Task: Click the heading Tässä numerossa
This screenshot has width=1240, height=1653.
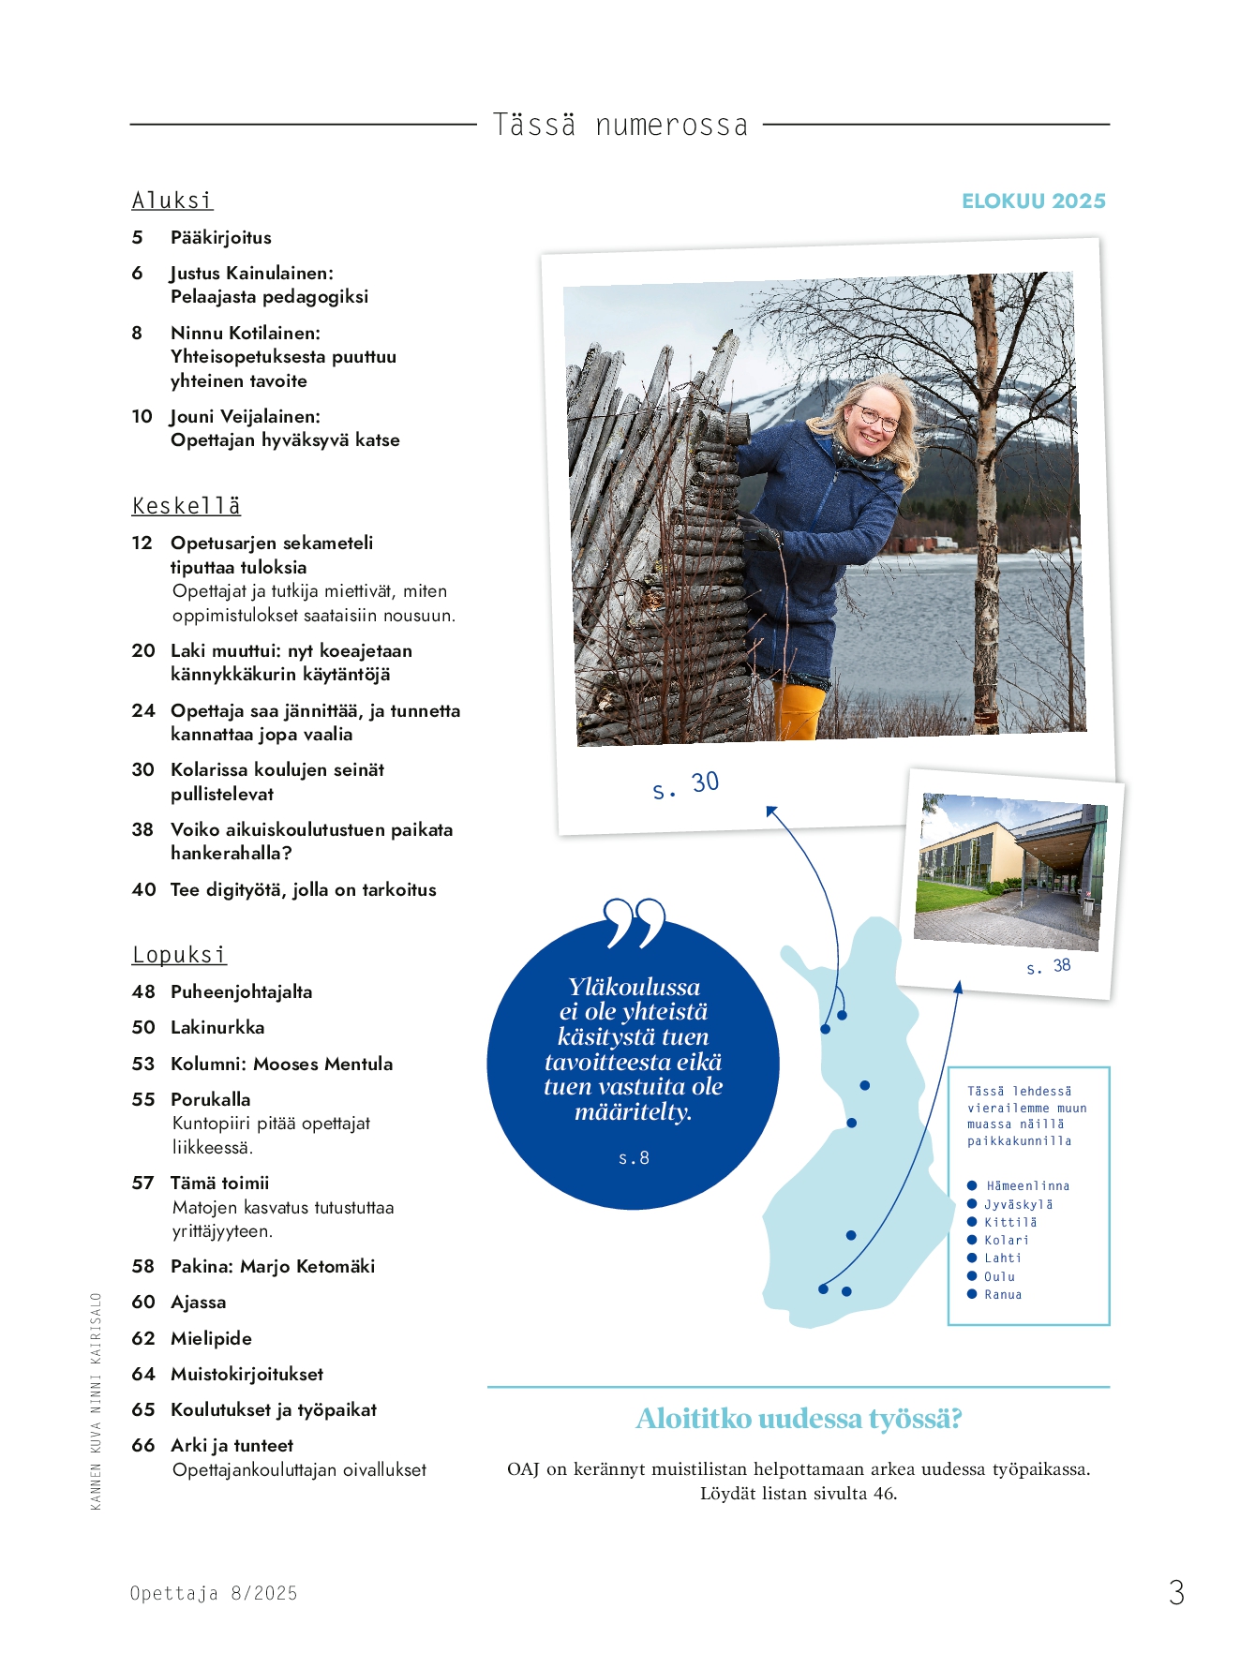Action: (x=620, y=125)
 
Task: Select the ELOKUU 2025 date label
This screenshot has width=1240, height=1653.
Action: (x=1033, y=201)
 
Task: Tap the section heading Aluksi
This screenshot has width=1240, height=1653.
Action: (x=172, y=201)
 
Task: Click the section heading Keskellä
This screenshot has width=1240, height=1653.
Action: (x=187, y=506)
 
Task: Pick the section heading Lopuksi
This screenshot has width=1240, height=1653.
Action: (x=179, y=955)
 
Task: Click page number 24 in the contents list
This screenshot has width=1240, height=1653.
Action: (x=143, y=711)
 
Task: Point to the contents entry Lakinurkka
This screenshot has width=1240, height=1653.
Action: (x=217, y=1028)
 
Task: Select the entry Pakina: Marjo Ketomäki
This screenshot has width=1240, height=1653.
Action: (x=272, y=1267)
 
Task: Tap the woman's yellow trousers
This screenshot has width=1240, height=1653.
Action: (x=799, y=711)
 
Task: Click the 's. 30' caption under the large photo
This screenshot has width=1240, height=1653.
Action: (x=685, y=785)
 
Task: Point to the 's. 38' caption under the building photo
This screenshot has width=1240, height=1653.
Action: (x=1048, y=966)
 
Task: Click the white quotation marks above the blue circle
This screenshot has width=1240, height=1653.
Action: (x=635, y=922)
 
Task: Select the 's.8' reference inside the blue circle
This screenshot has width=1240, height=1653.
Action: (x=634, y=1159)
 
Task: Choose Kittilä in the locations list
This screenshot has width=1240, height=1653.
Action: (x=1010, y=1223)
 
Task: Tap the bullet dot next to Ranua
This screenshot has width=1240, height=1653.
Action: (x=972, y=1294)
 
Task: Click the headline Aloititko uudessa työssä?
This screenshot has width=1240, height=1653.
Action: (x=799, y=1419)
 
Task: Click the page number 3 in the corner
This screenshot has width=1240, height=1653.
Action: (x=1176, y=1592)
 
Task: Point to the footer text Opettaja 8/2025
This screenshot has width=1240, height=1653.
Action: (x=214, y=1593)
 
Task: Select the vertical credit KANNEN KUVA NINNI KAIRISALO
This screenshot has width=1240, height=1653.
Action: (x=96, y=1401)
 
